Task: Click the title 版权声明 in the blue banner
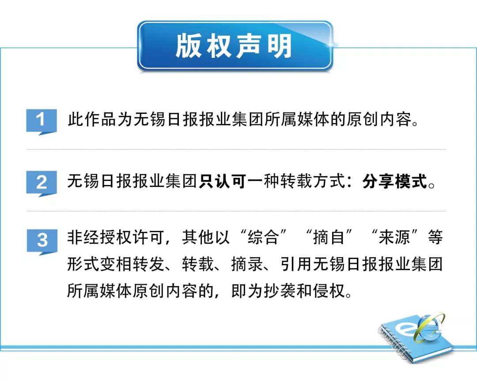234,46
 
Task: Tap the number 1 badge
42,120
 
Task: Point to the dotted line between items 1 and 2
236,150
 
